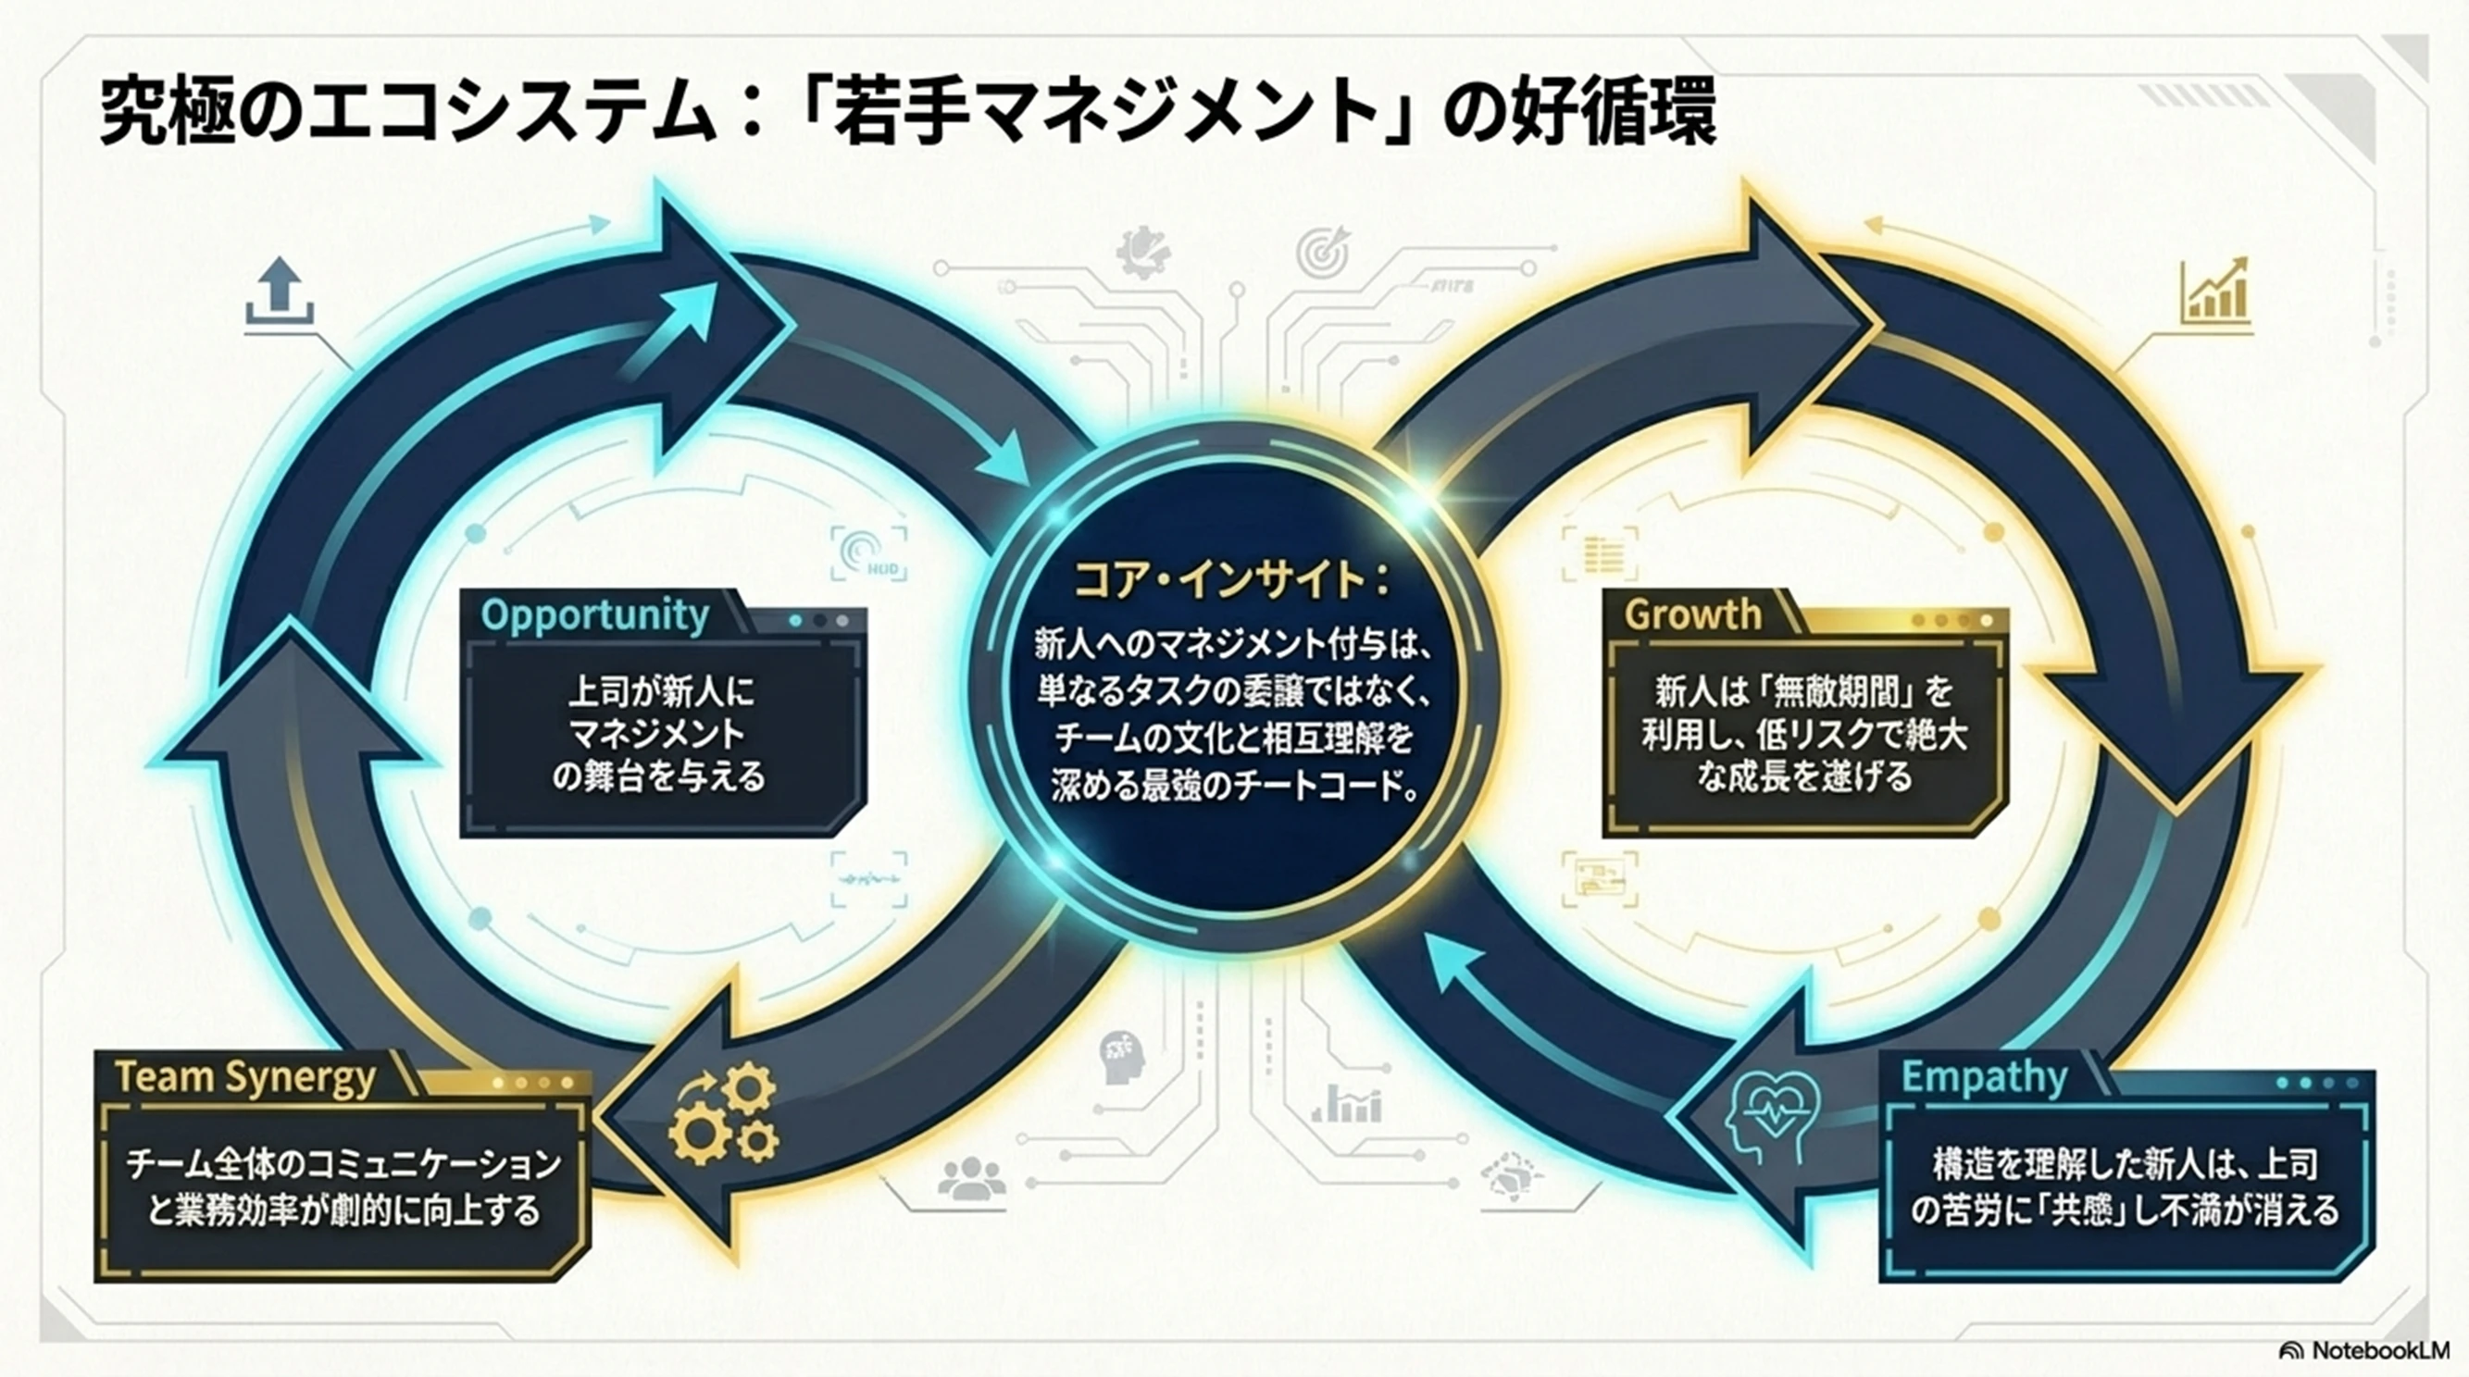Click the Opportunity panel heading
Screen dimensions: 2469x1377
[x=594, y=614]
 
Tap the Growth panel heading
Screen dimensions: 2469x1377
[x=1692, y=614]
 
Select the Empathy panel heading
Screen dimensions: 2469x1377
[x=1984, y=1077]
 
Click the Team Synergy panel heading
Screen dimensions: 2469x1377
[x=245, y=1077]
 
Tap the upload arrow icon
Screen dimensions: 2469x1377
[x=279, y=292]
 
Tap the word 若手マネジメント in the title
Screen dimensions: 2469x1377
[x=1106, y=116]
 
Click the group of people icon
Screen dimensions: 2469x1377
[x=972, y=1179]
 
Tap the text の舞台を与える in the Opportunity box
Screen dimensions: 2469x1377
[x=659, y=776]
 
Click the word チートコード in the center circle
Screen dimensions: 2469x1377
[x=1313, y=788]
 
